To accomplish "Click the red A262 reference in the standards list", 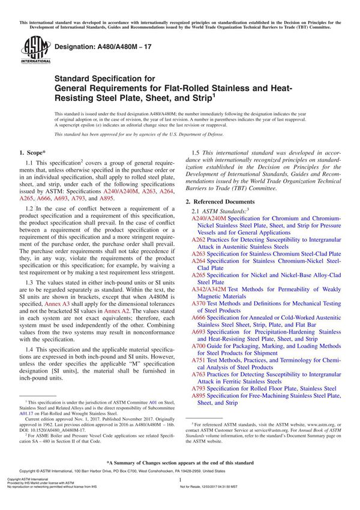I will tap(199, 239).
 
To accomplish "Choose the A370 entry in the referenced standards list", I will tap(199, 304).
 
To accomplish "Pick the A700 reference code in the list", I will tap(199, 346).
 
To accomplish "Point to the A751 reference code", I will tap(199, 359).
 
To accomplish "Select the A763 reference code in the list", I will tap(199, 374).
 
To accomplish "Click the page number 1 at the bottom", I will tap(180, 497).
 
